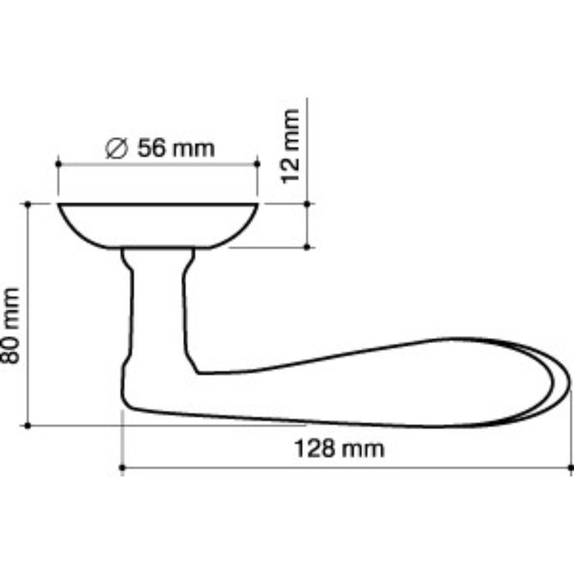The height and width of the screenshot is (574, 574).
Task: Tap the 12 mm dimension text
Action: pyautogui.click(x=290, y=146)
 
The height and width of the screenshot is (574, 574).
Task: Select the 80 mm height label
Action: pyautogui.click(x=10, y=326)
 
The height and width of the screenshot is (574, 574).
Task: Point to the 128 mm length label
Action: pyautogui.click(x=339, y=449)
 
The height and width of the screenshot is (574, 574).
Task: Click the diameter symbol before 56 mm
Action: pyautogui.click(x=116, y=148)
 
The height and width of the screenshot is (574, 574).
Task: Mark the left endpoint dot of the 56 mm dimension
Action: pyautogui.click(x=58, y=164)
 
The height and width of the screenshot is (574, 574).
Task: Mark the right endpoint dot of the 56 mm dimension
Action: pyautogui.click(x=257, y=164)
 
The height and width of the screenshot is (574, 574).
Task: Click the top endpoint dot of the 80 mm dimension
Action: pyautogui.click(x=28, y=204)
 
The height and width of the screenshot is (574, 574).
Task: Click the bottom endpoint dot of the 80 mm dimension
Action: pyautogui.click(x=28, y=426)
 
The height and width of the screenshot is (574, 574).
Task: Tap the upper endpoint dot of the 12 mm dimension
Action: pyautogui.click(x=307, y=204)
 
